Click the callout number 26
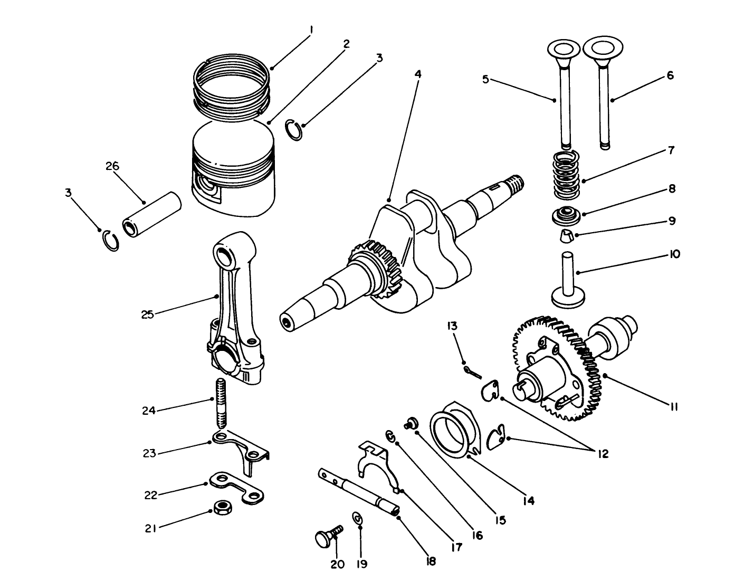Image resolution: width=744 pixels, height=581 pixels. (x=112, y=166)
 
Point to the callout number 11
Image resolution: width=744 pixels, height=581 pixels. (x=674, y=407)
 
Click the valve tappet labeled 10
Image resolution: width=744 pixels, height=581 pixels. (x=567, y=280)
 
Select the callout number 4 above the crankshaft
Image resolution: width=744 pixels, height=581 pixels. (x=417, y=74)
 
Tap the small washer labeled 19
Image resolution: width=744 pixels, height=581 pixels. (x=358, y=519)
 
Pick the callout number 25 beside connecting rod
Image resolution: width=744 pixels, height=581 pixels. (x=147, y=315)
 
